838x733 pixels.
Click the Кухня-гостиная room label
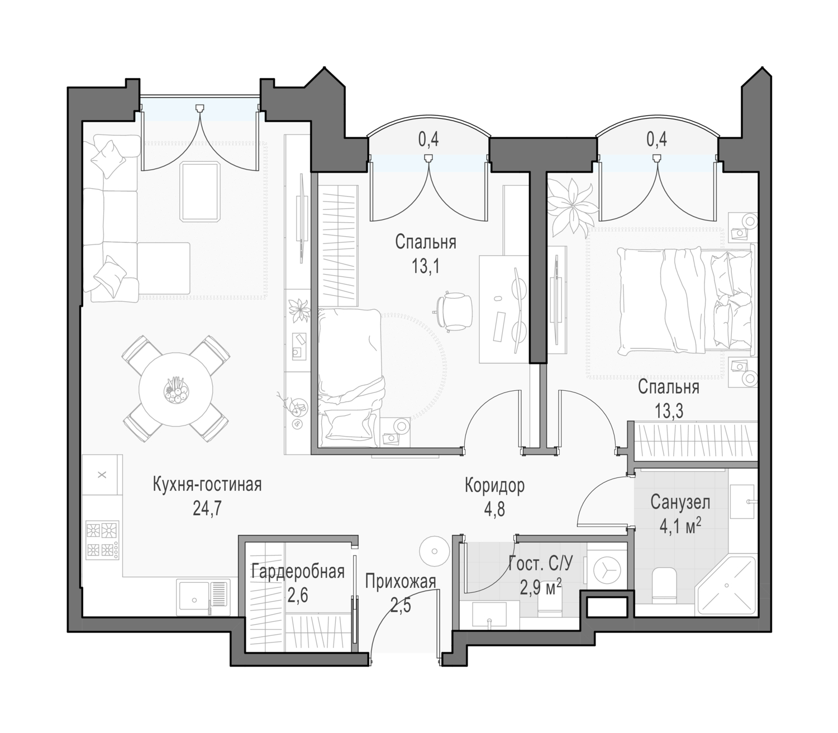(207, 485)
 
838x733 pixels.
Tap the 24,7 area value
(207, 509)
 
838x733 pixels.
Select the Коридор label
(494, 486)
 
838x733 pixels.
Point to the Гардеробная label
(298, 572)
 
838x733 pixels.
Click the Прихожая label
(401, 581)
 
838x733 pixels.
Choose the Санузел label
(680, 502)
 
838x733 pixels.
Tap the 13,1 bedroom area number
(426, 267)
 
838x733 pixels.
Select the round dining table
(176, 389)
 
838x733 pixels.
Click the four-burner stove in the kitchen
(102, 540)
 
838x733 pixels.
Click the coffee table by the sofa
(201, 192)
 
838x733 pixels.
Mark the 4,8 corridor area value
(495, 510)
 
